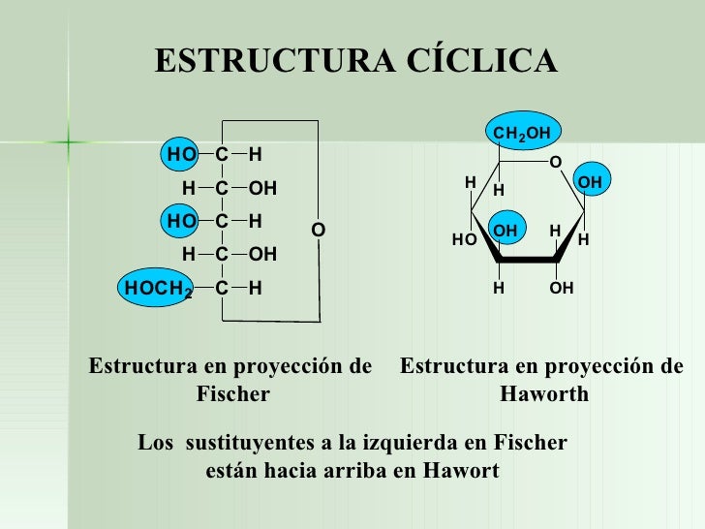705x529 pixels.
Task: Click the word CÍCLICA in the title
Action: tap(482, 60)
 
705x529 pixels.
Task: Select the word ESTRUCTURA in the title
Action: tap(275, 61)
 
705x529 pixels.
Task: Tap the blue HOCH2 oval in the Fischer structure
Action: tap(156, 288)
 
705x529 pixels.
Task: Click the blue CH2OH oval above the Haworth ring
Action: tap(523, 131)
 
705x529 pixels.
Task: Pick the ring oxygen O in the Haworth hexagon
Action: tap(556, 162)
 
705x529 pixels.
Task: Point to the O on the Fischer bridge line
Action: tap(319, 230)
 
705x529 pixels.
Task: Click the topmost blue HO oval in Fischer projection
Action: tap(180, 154)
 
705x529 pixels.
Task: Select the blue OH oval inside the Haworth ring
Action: tap(506, 228)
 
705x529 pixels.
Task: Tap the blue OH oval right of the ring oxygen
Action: tap(592, 179)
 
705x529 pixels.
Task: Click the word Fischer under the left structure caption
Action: tap(232, 394)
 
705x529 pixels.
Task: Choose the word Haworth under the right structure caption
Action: tap(544, 394)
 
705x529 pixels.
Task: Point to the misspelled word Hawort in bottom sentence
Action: tap(461, 471)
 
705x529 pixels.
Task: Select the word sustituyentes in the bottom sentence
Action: tap(250, 443)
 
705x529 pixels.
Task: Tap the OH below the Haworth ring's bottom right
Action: tap(561, 288)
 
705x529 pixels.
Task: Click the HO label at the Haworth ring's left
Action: tap(465, 239)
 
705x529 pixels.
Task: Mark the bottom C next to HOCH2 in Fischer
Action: tap(222, 288)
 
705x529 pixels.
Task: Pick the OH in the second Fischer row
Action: tap(262, 188)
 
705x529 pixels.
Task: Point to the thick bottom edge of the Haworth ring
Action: tap(528, 260)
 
